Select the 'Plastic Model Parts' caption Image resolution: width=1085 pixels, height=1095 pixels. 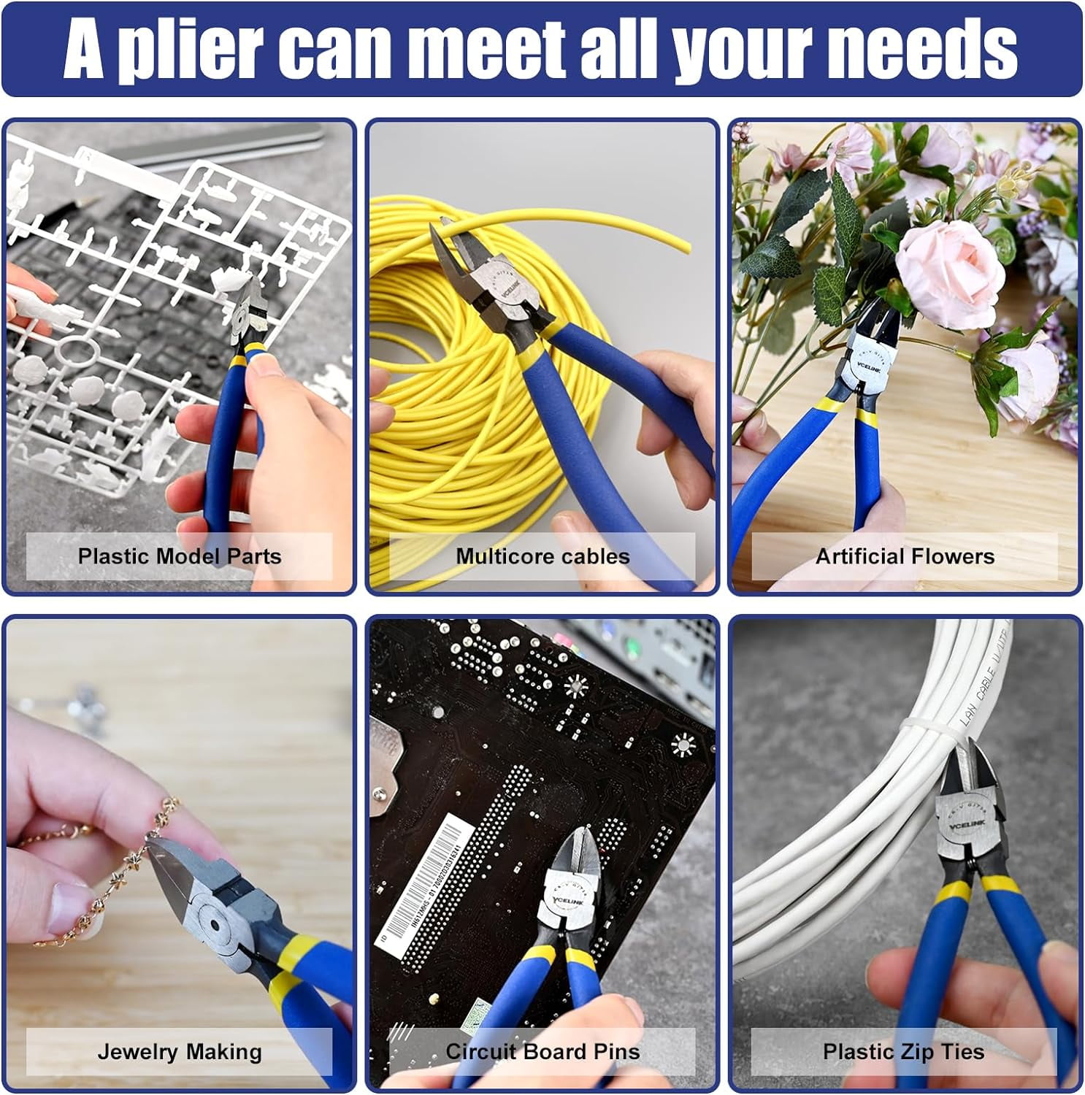pos(180,556)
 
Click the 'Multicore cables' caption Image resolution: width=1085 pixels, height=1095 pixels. pos(542,556)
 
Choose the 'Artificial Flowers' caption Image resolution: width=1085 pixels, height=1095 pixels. pos(905,556)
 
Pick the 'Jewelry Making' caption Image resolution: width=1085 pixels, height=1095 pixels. pos(180,1051)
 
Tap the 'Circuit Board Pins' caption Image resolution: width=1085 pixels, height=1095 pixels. pos(542,1051)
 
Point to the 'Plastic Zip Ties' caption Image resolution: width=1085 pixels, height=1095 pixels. pos(903,1051)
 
